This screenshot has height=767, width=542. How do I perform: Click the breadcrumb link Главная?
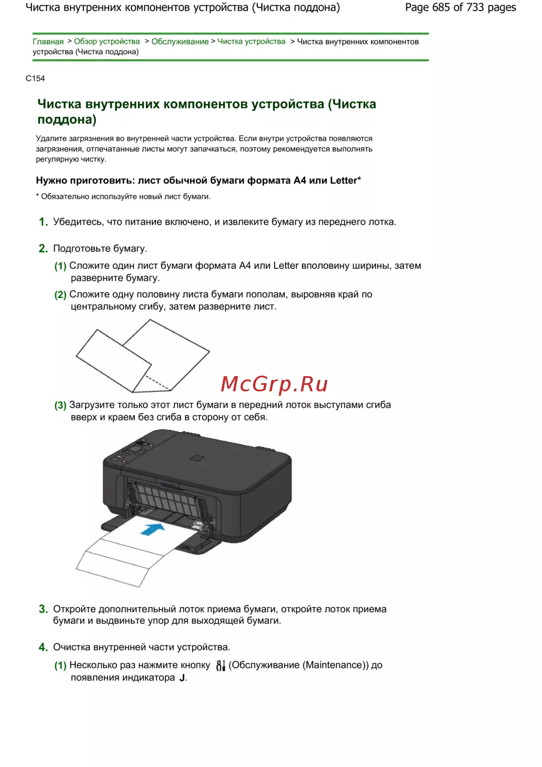pyautogui.click(x=48, y=41)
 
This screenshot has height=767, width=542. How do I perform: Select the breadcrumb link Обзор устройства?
pyautogui.click(x=107, y=41)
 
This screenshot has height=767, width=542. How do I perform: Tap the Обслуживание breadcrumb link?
pyautogui.click(x=180, y=41)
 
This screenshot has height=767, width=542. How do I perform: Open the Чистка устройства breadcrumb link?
pyautogui.click(x=251, y=41)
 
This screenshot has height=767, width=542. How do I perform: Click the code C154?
pyautogui.click(x=35, y=79)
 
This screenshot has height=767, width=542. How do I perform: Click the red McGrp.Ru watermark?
pyautogui.click(x=274, y=384)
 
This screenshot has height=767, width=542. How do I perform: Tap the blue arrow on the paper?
pyautogui.click(x=153, y=530)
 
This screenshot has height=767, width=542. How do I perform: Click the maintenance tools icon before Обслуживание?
pyautogui.click(x=221, y=665)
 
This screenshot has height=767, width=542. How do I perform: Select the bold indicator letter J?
pyautogui.click(x=182, y=678)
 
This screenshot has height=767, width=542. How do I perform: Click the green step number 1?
pyautogui.click(x=43, y=222)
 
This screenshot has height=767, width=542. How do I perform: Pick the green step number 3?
pyautogui.click(x=43, y=609)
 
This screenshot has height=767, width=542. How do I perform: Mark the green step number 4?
pyautogui.click(x=43, y=647)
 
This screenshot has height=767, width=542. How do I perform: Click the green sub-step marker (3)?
pyautogui.click(x=60, y=405)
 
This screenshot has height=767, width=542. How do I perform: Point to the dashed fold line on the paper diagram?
pyautogui.click(x=158, y=383)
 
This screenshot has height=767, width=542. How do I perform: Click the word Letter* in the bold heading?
pyautogui.click(x=345, y=181)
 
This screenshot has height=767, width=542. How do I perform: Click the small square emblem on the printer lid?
pyautogui.click(x=197, y=458)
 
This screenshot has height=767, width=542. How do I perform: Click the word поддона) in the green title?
pyautogui.click(x=67, y=119)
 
